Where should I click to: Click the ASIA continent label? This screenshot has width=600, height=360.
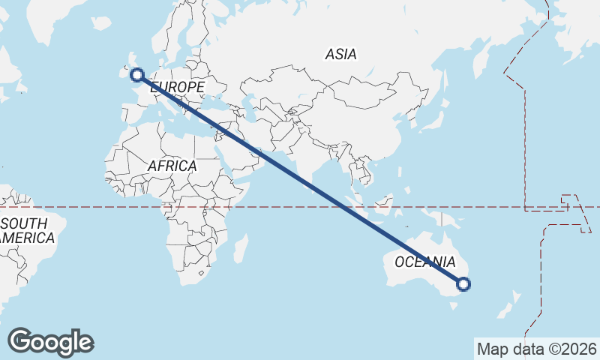(340, 54)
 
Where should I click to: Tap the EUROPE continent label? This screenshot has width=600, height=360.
(178, 88)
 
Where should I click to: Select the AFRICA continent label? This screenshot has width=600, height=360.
(172, 166)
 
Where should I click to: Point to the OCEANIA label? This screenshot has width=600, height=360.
(424, 262)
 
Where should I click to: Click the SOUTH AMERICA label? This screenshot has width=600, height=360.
(27, 231)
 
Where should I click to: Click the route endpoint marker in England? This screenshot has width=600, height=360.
(137, 74)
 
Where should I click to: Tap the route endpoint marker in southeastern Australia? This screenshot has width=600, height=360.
(463, 283)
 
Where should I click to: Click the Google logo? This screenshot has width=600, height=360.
(50, 342)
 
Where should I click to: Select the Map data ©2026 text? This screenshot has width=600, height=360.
(537, 349)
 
